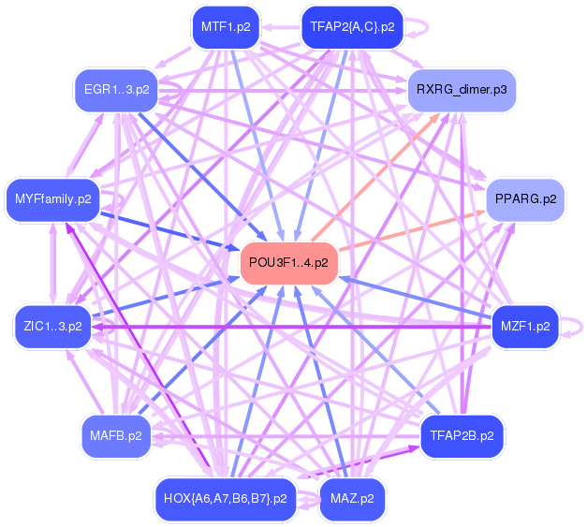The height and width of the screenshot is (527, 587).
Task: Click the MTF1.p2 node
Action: (x=225, y=27)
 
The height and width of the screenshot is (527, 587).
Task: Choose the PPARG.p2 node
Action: (x=525, y=198)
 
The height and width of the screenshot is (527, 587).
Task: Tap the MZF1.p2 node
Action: (x=525, y=327)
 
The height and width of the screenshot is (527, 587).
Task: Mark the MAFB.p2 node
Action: (x=116, y=435)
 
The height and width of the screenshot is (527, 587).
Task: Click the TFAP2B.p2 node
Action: (x=462, y=435)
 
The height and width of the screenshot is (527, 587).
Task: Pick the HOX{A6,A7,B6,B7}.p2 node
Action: (x=225, y=498)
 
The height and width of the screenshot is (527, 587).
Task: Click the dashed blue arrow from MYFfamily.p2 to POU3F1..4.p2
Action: (x=169, y=230)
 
